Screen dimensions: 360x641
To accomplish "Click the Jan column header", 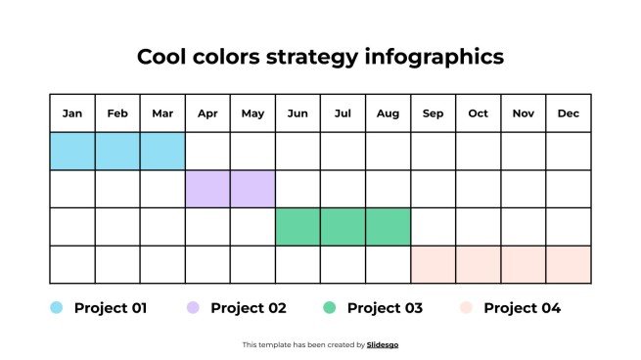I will [72, 113].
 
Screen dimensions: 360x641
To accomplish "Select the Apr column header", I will [207, 113].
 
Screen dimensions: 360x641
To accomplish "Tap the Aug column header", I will [388, 113].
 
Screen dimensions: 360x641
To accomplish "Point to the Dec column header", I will [569, 113].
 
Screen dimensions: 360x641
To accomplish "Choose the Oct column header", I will [478, 113].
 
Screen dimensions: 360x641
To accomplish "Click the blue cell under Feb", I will [117, 152].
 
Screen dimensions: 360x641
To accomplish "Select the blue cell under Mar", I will [162, 152].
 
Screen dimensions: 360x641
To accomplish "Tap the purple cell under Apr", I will [207, 189].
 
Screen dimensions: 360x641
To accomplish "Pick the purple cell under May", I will [252, 189].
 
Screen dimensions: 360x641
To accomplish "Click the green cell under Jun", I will [298, 227].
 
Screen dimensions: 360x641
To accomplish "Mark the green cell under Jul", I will [343, 227].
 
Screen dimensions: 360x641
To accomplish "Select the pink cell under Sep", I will [433, 264].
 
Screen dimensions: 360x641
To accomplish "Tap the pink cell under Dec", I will [569, 264].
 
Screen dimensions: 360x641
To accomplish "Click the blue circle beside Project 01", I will [57, 308].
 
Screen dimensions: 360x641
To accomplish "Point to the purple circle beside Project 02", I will [193, 308].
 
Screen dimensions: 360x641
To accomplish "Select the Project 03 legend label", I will [385, 308].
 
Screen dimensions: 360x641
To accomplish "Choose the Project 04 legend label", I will [522, 308].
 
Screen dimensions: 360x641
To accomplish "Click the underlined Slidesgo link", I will [383, 344].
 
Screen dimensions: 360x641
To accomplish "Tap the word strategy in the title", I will [312, 57].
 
